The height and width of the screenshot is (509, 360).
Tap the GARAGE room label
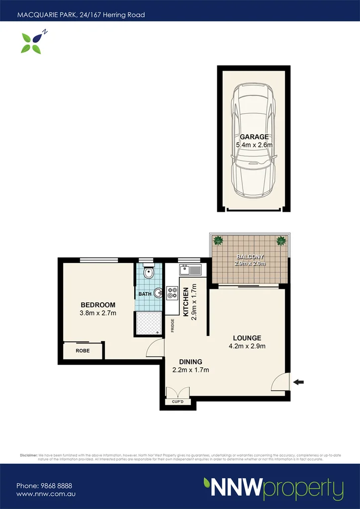click(254, 137)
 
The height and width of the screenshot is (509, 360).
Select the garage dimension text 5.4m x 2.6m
click(254, 145)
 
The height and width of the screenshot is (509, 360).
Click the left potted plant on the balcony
click(218, 241)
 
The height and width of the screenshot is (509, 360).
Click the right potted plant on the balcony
click(281, 241)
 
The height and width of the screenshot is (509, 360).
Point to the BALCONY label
click(251, 256)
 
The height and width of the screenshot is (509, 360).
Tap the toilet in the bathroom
click(148, 273)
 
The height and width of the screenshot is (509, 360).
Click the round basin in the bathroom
click(158, 293)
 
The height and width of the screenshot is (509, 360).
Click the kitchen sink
click(190, 270)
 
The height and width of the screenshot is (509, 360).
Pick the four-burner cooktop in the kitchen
click(173, 293)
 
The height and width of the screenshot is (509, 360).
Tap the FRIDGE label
click(173, 325)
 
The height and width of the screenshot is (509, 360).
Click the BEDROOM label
click(98, 305)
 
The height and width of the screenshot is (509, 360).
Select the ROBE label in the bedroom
click(83, 350)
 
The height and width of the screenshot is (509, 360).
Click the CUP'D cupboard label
click(178, 401)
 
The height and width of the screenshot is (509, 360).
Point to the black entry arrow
click(298, 382)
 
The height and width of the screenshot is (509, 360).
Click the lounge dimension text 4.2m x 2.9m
click(247, 346)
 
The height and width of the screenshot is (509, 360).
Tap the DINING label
click(190, 362)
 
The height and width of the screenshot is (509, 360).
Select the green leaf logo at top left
click(32, 42)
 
